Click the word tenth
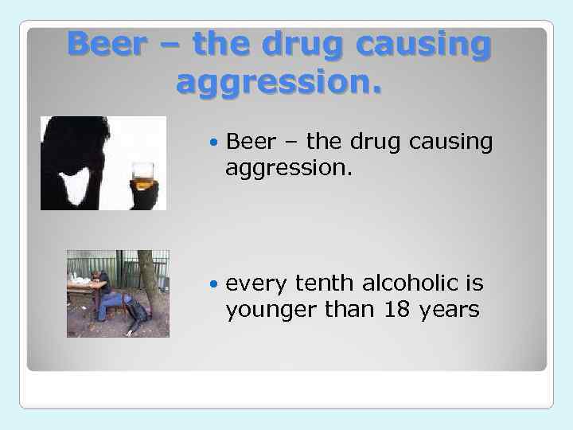325,283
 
